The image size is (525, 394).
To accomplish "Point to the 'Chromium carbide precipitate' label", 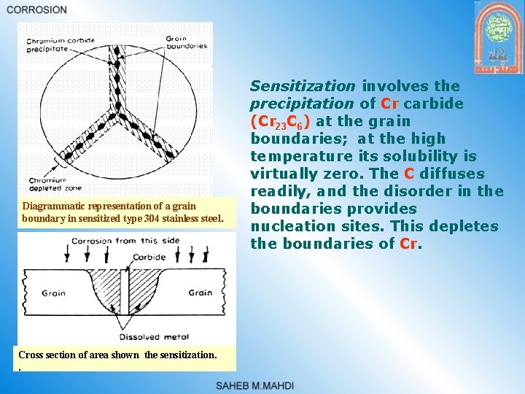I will tap(58, 45).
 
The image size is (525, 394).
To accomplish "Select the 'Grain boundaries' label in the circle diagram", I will tap(186, 42).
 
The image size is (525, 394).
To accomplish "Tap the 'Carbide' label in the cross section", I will tap(149, 258).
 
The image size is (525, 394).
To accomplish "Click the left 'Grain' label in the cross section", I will tap(53, 293).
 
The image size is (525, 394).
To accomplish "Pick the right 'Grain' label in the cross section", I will tap(200, 293).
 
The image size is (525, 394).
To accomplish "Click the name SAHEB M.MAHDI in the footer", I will tap(254, 385).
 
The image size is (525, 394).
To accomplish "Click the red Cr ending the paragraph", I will tap(409, 244).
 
